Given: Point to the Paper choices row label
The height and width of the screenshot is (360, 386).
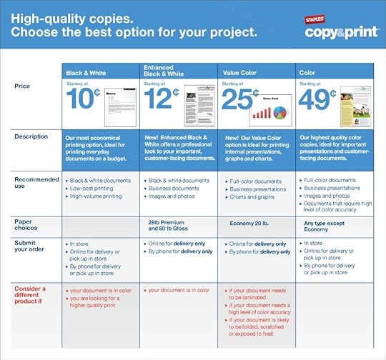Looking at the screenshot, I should tap(27, 226).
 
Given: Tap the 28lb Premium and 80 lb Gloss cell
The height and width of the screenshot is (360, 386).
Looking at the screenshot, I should tap(177, 226).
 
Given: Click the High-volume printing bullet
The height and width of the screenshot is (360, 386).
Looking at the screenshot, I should tap(96, 196).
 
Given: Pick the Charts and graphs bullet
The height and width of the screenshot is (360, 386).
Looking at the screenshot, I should tap(252, 196).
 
